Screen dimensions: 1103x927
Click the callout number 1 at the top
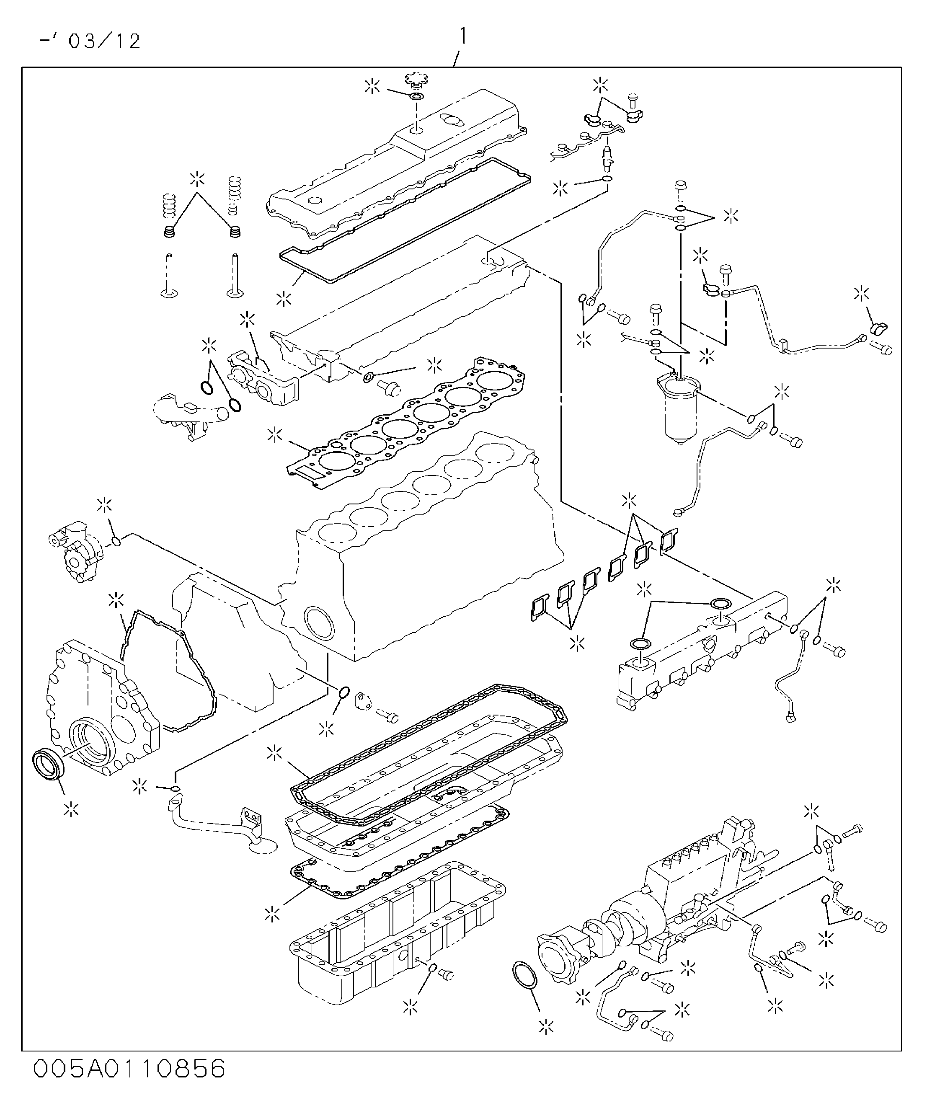pyautogui.click(x=462, y=36)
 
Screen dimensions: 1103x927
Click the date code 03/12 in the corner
pyautogui.click(x=105, y=41)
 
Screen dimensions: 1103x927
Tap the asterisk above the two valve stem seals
pyautogui.click(x=198, y=178)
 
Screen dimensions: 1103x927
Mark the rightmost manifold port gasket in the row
pyautogui.click(x=669, y=540)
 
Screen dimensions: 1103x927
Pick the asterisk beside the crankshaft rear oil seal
pyautogui.click(x=71, y=809)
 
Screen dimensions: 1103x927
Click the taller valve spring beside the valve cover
pyautogui.click(x=235, y=196)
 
